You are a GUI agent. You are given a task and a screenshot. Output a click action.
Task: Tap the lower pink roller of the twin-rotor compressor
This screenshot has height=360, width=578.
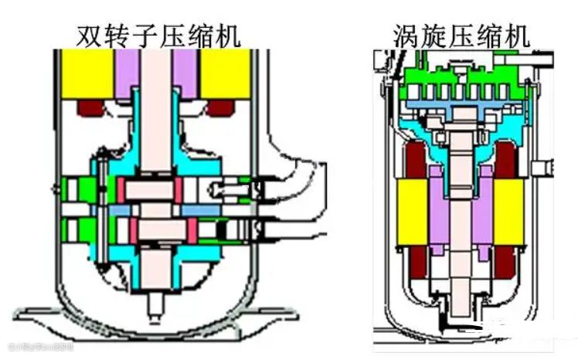158,229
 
